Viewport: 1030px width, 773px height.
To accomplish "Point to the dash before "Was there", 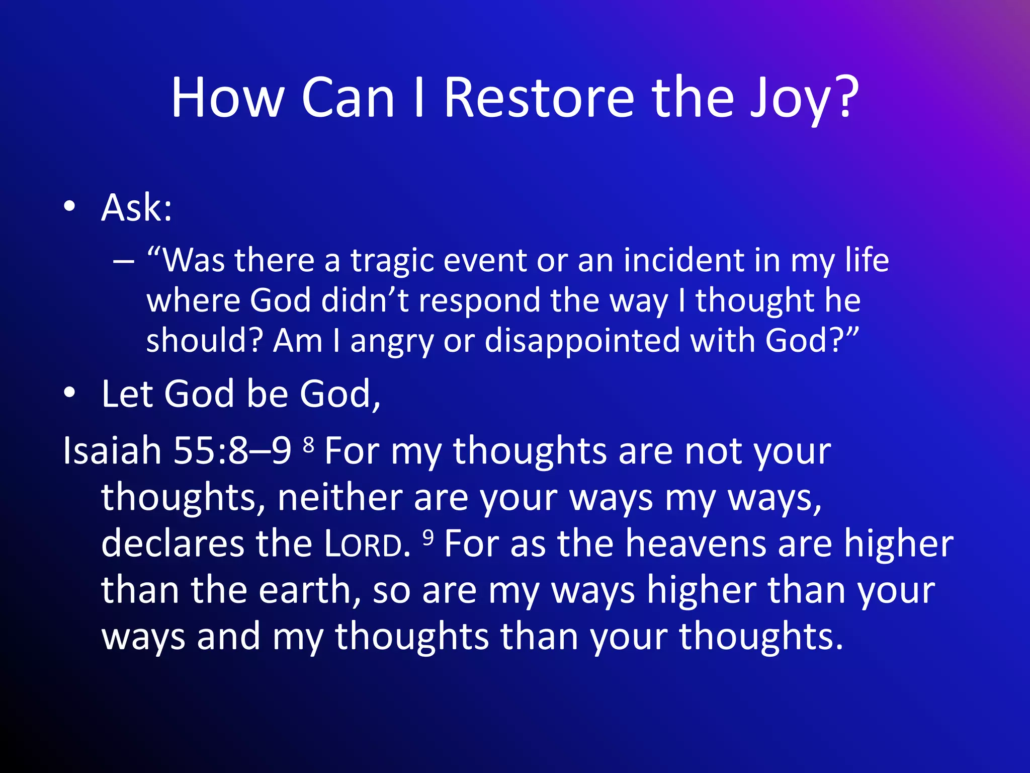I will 124,261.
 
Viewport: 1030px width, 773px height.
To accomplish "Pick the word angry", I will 391,342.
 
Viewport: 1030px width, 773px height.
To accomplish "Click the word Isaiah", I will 112,450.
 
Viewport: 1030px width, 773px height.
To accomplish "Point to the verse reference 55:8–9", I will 232,450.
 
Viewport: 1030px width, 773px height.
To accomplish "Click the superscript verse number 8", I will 309,443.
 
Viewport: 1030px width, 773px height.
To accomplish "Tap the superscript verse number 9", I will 428,537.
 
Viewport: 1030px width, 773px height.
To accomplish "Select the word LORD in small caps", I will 367,544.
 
